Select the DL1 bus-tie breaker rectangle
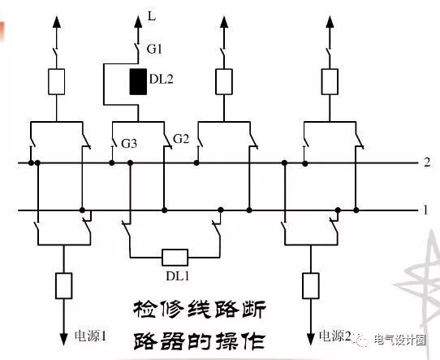(x=175, y=258)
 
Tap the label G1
(x=154, y=49)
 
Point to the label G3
(x=129, y=144)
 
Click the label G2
(x=180, y=140)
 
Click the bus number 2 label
(x=426, y=163)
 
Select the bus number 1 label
(x=426, y=210)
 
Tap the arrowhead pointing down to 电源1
(x=61, y=336)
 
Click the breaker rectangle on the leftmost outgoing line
(x=56, y=81)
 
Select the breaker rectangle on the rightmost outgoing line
(x=329, y=81)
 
